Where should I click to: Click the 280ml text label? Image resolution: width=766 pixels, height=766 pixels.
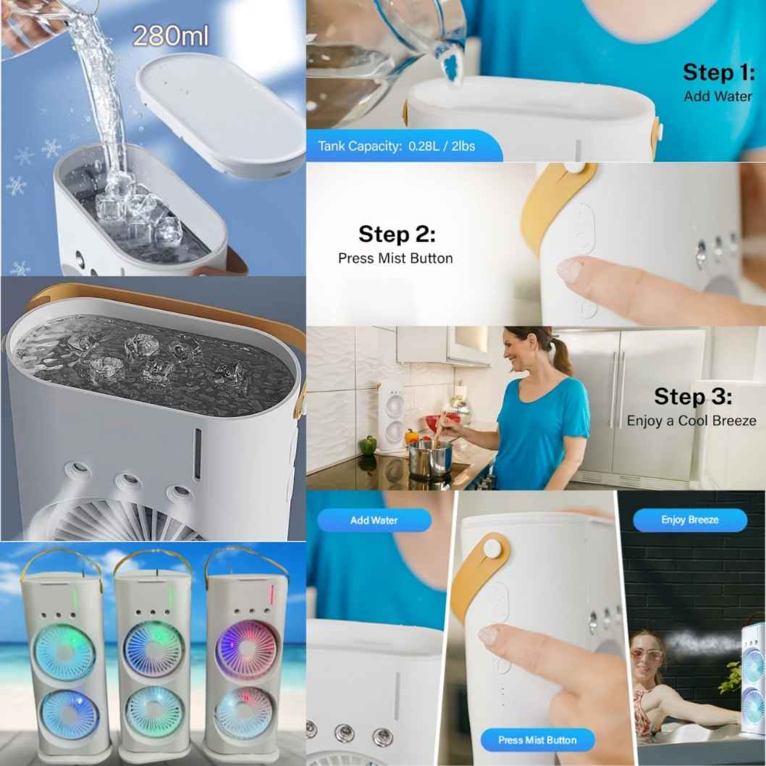coord(170,35)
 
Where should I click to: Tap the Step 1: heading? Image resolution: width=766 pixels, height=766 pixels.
coord(719,72)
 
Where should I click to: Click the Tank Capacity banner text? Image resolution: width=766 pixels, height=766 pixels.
coord(396,146)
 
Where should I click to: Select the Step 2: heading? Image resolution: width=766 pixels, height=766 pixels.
coord(397,234)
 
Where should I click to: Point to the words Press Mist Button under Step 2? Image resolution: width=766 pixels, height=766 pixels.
coord(395,258)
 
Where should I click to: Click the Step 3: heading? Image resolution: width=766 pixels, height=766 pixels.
coord(693,396)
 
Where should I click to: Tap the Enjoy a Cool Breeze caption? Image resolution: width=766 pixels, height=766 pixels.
coord(691,421)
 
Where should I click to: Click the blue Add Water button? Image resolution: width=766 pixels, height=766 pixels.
coord(374,521)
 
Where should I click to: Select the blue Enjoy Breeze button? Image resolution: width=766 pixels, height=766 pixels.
coord(690,520)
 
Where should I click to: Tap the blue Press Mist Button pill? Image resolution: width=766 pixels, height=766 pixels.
coord(537,740)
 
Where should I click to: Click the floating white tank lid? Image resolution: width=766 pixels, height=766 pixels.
coord(220,115)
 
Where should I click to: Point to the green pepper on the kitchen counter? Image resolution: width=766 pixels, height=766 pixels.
coord(369,445)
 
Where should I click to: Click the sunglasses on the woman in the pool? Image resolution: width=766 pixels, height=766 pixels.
coord(647,654)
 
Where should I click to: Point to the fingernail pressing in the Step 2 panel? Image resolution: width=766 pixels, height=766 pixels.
coord(568,269)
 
